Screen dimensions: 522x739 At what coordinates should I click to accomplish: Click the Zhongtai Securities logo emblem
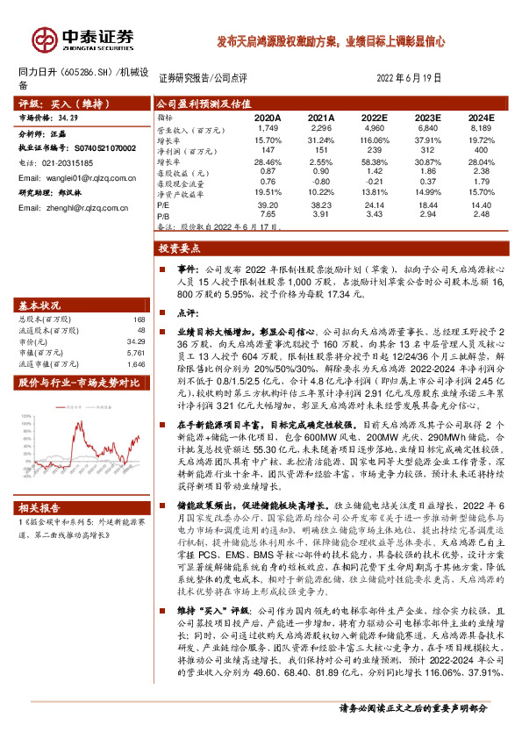tap(41, 39)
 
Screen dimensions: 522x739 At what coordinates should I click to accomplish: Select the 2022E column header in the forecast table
tap(375, 117)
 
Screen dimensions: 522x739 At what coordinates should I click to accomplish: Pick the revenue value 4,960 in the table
tap(375, 128)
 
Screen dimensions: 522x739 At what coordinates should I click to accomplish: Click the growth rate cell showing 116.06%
tap(375, 140)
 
